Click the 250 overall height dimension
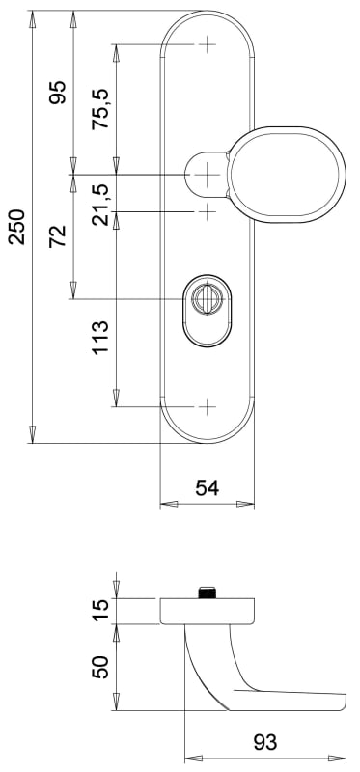(17, 227)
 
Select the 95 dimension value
(58, 92)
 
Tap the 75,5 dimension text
(100, 109)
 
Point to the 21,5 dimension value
(100, 205)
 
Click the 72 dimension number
(58, 235)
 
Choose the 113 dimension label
(100, 337)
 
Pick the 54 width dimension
(208, 488)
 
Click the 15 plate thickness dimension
(100, 611)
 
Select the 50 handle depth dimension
(100, 667)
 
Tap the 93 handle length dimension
(265, 742)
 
